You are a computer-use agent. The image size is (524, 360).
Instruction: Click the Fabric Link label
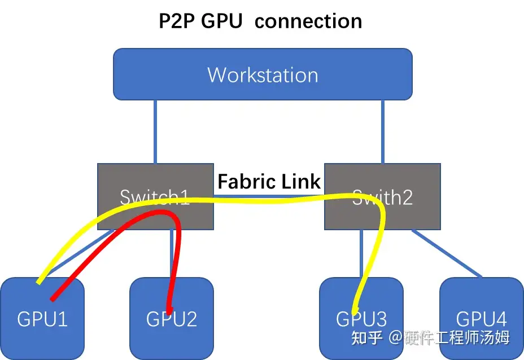click(269, 182)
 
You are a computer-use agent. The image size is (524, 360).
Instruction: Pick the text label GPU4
click(482, 319)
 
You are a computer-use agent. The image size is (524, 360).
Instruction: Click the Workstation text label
click(263, 75)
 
